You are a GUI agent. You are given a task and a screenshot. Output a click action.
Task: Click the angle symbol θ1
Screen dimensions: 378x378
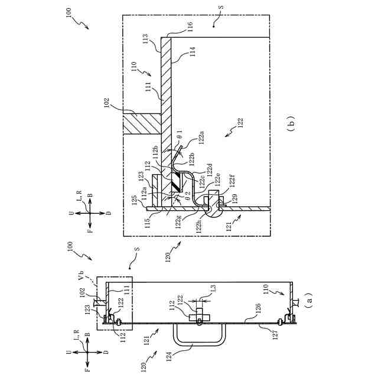pyautogui.click(x=178, y=135)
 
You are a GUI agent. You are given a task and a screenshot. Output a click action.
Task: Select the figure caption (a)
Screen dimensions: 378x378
pyautogui.click(x=306, y=301)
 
